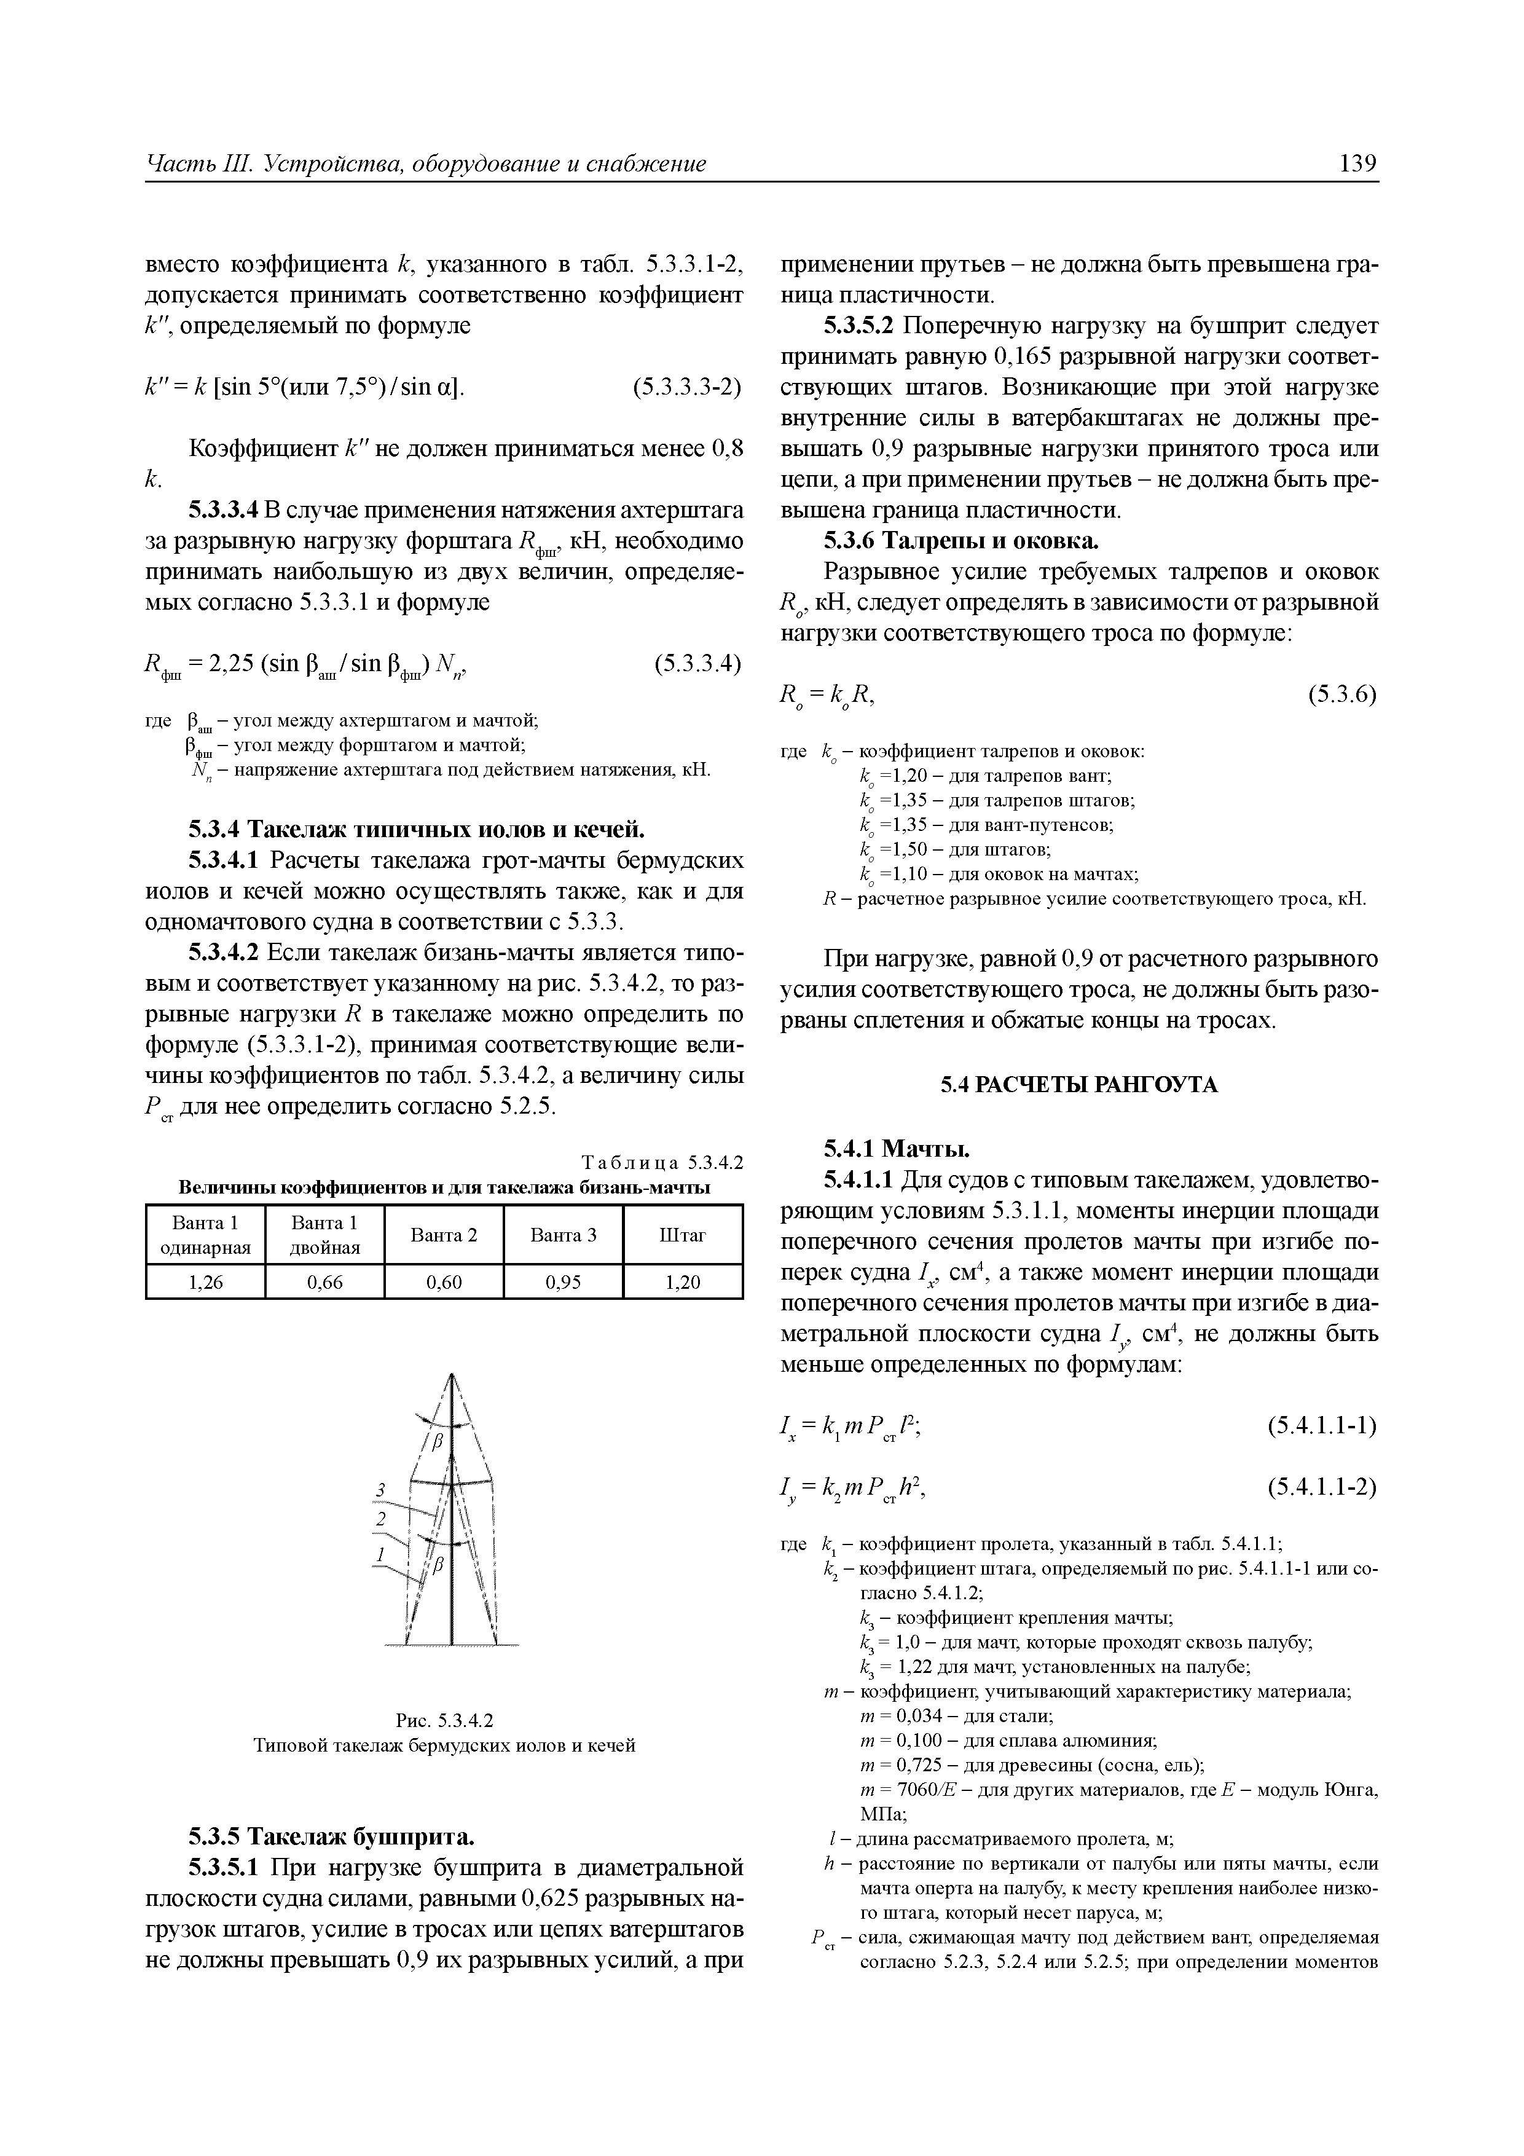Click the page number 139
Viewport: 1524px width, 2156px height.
point(1358,164)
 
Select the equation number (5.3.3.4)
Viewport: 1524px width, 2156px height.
point(697,664)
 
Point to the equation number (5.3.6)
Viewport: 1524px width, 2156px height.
point(1342,695)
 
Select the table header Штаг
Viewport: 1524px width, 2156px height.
point(683,1235)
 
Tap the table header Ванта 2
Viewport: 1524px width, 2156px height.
point(444,1235)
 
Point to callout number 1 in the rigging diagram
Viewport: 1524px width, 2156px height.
point(381,1555)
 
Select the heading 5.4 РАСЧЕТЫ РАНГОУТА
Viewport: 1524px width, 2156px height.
point(1079,1085)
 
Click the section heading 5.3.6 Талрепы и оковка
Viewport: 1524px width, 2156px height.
point(960,542)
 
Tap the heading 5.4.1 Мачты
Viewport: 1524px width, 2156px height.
point(896,1149)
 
